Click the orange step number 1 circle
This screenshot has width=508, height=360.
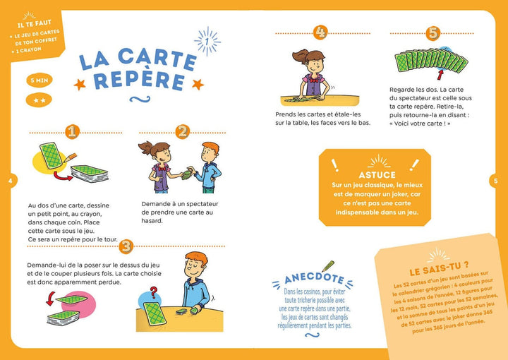[72, 132]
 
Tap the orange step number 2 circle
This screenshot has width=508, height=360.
[183, 132]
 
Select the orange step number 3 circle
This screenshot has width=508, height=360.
[126, 246]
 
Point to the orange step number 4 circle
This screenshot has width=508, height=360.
[321, 32]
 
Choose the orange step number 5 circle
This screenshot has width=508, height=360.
[433, 33]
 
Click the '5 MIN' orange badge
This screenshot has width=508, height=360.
[40, 80]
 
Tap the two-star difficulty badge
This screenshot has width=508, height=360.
[40, 100]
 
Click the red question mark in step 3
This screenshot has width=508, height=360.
[154, 292]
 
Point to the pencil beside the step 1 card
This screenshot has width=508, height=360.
[71, 157]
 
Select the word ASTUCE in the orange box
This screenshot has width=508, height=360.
[377, 175]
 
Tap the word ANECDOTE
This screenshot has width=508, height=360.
[314, 278]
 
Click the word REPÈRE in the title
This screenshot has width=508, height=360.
[140, 81]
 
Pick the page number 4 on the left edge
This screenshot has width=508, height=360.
[11, 181]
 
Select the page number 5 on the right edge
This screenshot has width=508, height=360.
[495, 181]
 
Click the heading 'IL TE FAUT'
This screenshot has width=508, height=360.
[35, 23]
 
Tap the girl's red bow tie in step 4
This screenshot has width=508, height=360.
[313, 79]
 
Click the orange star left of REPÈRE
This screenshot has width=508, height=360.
[80, 85]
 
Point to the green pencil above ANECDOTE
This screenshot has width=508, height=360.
[328, 266]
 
